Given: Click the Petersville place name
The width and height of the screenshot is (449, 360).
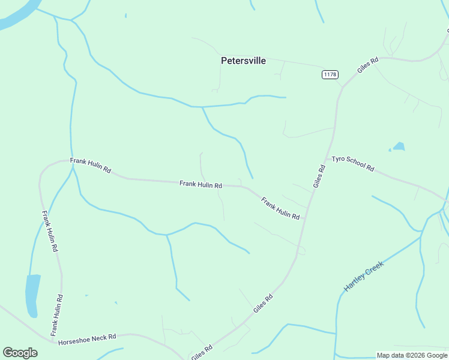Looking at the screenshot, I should click(x=243, y=61).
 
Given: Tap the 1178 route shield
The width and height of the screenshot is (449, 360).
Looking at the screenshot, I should click(x=330, y=74).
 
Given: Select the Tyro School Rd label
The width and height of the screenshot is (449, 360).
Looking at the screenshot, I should click(x=353, y=163).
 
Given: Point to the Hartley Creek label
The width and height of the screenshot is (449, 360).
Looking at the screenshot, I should click(x=363, y=272).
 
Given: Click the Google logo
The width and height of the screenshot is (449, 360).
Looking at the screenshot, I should click(x=20, y=353).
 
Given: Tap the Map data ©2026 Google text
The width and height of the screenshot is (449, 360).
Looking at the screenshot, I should click(x=412, y=355).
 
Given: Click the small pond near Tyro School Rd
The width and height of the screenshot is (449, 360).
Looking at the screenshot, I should click(x=399, y=146).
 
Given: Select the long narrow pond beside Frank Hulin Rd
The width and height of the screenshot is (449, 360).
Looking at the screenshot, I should click(x=32, y=295).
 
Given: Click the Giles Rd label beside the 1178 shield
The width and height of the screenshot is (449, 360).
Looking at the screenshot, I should click(x=368, y=65).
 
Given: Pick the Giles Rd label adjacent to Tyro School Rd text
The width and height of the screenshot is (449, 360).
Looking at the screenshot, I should click(x=319, y=178).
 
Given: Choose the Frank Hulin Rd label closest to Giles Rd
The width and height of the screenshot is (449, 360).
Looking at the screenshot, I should click(x=280, y=208).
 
